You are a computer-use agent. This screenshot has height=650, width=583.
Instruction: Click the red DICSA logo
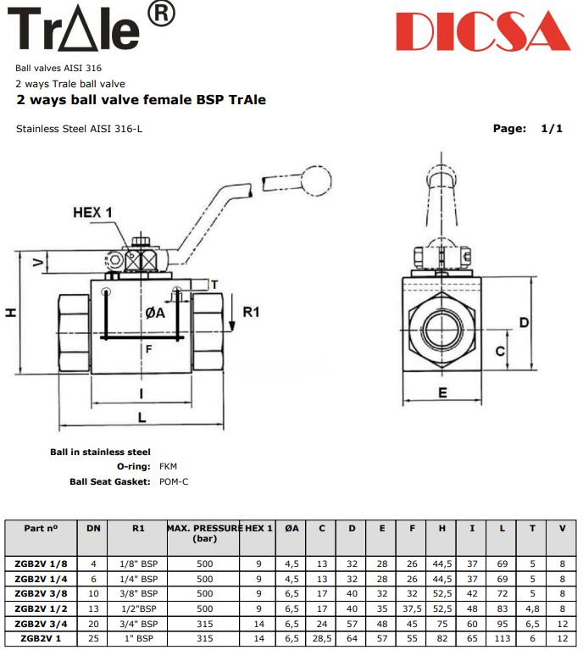481,31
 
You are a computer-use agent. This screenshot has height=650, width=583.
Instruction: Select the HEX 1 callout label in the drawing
93,212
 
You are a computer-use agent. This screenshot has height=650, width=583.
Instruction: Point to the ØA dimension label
154,313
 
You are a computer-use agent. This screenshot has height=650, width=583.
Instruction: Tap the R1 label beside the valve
251,312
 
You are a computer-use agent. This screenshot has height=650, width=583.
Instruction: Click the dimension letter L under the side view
142,418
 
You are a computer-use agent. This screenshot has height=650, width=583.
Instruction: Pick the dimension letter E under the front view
442,392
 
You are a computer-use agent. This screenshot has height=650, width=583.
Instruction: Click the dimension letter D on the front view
525,322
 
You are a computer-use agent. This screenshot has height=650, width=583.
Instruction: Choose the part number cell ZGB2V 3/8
41,593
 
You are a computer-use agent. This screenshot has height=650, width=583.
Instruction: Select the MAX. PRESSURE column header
204,532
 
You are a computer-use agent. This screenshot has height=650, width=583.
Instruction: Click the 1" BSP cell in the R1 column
139,636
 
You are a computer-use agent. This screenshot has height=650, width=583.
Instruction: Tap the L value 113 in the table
502,636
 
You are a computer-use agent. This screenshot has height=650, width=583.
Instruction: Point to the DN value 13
93,608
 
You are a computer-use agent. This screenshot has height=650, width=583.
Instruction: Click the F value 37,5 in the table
412,608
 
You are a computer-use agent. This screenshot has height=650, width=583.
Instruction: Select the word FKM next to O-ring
169,466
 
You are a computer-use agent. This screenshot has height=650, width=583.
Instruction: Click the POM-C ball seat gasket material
174,481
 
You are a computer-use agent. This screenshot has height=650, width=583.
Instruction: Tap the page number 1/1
552,128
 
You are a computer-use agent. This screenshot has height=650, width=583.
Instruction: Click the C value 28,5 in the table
322,636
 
